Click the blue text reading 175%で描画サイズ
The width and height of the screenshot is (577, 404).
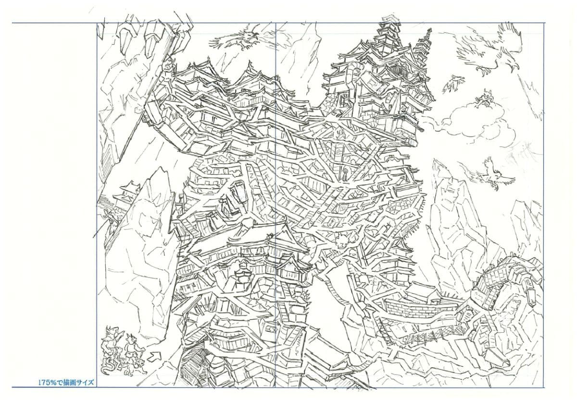coord(66,383)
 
